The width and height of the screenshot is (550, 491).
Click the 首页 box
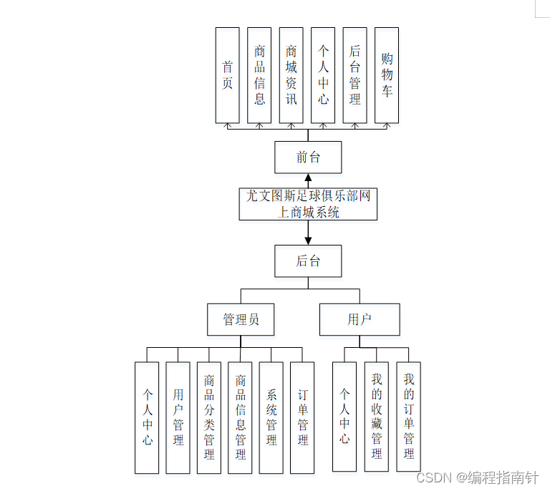click(x=228, y=75)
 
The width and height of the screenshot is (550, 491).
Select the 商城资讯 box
click(x=291, y=75)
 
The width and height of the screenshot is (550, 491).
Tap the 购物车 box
click(x=387, y=75)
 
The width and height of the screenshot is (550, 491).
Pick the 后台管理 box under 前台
click(x=355, y=75)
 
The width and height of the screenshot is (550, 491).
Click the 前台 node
click(x=308, y=157)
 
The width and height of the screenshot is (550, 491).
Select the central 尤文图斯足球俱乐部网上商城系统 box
click(x=308, y=204)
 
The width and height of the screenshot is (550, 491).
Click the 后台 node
click(x=308, y=261)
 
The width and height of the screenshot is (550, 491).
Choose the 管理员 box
click(x=241, y=319)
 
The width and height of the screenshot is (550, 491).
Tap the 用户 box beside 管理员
click(x=360, y=319)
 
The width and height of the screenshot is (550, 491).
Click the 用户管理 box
click(x=178, y=417)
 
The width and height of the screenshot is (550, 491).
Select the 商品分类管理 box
click(x=209, y=417)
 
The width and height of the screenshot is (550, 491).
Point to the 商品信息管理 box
click(x=241, y=417)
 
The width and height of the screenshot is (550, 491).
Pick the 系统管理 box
click(x=271, y=417)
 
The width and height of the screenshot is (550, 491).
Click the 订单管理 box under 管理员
click(x=302, y=417)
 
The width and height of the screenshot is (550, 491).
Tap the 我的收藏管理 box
click(x=376, y=417)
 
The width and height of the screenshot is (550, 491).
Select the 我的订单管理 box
click(x=408, y=417)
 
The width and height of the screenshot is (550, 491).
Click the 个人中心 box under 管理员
click(x=147, y=417)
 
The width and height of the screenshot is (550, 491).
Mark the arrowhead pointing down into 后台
click(x=308, y=239)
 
